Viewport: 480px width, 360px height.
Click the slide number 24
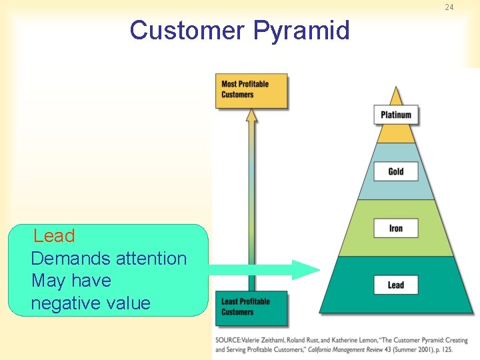tap(449, 7)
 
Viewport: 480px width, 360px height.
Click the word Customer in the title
tap(187, 31)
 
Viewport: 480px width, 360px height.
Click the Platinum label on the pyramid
tap(396, 115)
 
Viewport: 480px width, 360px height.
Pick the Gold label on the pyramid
tap(396, 171)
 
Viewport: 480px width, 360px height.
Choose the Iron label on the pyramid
tap(396, 229)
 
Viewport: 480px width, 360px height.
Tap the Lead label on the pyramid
tap(396, 285)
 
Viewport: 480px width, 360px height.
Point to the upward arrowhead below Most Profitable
tap(251, 115)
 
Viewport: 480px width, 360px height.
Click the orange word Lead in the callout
tap(54, 236)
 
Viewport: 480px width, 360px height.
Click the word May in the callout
tap(46, 281)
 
